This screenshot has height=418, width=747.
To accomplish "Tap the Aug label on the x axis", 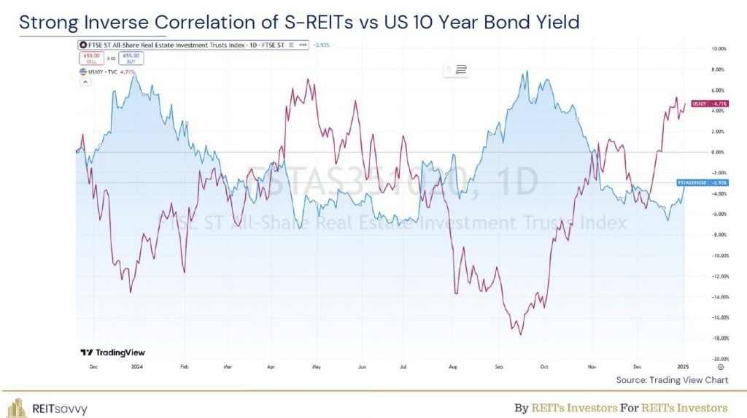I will click(453, 368).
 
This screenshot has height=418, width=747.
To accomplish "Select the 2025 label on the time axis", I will click(682, 368).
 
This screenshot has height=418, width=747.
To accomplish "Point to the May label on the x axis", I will click(316, 368).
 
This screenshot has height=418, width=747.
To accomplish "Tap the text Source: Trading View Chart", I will click(672, 380).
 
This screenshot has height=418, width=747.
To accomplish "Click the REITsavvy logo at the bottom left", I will click(47, 408).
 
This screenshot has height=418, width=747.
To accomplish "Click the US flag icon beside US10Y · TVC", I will click(82, 71).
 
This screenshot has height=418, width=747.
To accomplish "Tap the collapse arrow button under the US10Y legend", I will click(85, 82).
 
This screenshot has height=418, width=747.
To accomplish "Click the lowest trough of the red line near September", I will click(520, 334).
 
